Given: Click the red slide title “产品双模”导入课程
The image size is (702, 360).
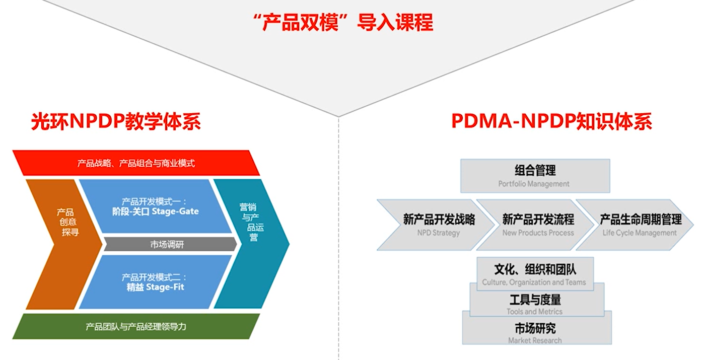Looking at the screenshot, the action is tap(343, 23).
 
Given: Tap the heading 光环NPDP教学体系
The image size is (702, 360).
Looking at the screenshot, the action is tap(116, 121).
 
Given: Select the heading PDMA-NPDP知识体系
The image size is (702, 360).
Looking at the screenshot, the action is tap(552, 121).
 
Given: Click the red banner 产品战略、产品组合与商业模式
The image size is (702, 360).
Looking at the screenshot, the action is tap(136, 163).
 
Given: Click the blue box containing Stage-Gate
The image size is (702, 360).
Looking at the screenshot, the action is tap(155, 206).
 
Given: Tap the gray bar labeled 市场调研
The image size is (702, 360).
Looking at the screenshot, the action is tap(170, 244).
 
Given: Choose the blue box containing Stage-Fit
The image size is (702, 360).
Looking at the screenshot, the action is tap(155, 282).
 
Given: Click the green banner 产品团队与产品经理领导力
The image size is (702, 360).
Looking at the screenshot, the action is tap(136, 326).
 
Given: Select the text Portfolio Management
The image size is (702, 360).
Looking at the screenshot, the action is tap(534, 184).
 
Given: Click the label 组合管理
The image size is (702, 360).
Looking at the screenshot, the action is tap(535, 171).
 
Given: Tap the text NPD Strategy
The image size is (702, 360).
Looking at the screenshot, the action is tap(439, 233).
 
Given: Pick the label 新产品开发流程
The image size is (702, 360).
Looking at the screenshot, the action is tap(538, 220).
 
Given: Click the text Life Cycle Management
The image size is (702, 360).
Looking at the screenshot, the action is tap(640, 233).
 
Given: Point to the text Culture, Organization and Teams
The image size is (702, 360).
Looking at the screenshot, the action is tap(534, 282).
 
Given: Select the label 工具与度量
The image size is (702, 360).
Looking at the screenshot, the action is tap(535, 300).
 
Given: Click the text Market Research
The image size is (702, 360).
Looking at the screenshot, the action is tap(535, 340).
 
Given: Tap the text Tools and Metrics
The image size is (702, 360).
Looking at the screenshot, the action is tap(534, 312).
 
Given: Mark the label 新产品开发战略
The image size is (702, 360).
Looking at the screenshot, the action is tap(439, 220).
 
